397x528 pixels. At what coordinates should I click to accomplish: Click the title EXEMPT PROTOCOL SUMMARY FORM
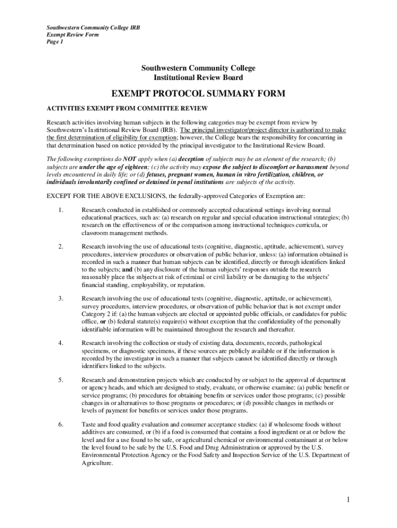pos(198,94)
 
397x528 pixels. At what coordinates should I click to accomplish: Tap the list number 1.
pos(60,210)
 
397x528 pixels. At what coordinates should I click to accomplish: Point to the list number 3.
pos(60,299)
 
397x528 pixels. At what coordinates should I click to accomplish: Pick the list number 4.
pos(60,343)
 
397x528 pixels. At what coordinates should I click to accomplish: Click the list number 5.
pos(60,380)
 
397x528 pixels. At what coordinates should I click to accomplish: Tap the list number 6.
pos(60,424)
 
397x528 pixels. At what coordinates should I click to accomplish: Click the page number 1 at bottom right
pos(349,500)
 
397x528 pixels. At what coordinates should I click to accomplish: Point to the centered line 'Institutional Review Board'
pos(198,77)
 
